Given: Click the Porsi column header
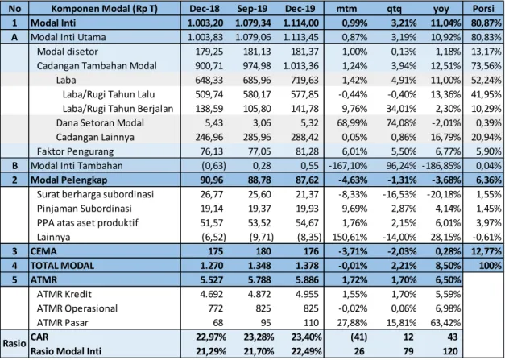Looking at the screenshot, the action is point(483,8).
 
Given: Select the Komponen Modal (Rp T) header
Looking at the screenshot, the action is point(105,9).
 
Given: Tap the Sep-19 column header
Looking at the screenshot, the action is point(252,9).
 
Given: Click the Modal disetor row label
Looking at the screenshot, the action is point(68,52).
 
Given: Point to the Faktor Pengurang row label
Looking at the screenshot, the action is point(75,151).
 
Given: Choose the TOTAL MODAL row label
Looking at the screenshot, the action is point(62,266).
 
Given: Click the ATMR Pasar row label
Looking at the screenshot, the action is point(62,323).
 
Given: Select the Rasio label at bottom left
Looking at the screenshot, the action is point(14,344).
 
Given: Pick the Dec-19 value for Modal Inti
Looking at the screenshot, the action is point(300,23).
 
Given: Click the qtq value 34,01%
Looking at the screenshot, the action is point(400,109).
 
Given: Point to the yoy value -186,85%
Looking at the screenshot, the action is point(441,166).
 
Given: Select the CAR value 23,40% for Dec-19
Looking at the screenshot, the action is point(304,337).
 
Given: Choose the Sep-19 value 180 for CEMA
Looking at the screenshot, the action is point(263,251).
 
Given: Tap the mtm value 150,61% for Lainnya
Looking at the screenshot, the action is point(350,238).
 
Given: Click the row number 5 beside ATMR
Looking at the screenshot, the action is point(14,279).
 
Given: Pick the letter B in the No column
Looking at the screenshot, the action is point(14,166).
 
